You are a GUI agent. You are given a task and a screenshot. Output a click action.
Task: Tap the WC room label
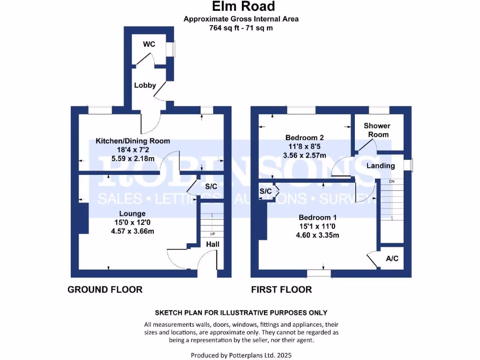149,45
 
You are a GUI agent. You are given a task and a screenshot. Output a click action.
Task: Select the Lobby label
145,85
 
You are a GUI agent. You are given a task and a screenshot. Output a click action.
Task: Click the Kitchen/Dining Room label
133,141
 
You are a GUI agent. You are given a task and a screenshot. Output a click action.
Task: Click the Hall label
212,244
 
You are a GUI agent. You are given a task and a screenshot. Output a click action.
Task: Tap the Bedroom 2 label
305,138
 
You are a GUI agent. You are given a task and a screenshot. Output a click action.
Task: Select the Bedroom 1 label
318,217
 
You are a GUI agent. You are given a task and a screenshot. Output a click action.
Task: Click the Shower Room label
377,130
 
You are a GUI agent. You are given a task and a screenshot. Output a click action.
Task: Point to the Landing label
381,165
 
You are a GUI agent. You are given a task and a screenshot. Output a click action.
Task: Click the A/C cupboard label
392,258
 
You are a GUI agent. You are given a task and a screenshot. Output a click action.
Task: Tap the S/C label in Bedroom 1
266,191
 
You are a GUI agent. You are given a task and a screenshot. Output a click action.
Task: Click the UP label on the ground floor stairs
212,234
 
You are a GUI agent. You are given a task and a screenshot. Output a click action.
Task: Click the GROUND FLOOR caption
105,289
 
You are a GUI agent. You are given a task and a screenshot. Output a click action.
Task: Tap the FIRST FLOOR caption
281,289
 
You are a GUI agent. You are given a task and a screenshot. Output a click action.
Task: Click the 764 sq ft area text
241,28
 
